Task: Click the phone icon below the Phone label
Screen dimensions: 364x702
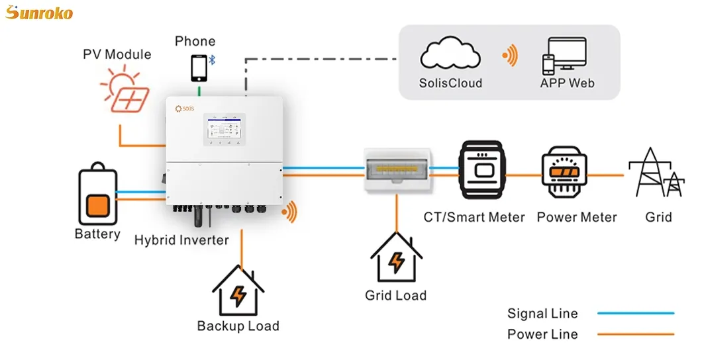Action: click(198, 68)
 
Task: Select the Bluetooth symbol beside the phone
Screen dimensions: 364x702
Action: click(213, 60)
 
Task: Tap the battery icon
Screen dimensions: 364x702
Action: click(97, 197)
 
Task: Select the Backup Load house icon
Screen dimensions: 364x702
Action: click(238, 291)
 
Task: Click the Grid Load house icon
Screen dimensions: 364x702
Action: click(396, 258)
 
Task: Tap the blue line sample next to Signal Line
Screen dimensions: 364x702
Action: click(635, 313)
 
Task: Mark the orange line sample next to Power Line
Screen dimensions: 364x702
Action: click(635, 334)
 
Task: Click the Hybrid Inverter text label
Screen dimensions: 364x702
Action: click(181, 240)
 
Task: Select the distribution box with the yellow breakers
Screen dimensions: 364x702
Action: click(395, 170)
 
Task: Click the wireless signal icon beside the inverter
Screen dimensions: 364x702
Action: click(289, 212)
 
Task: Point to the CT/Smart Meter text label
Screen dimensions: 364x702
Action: click(474, 217)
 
